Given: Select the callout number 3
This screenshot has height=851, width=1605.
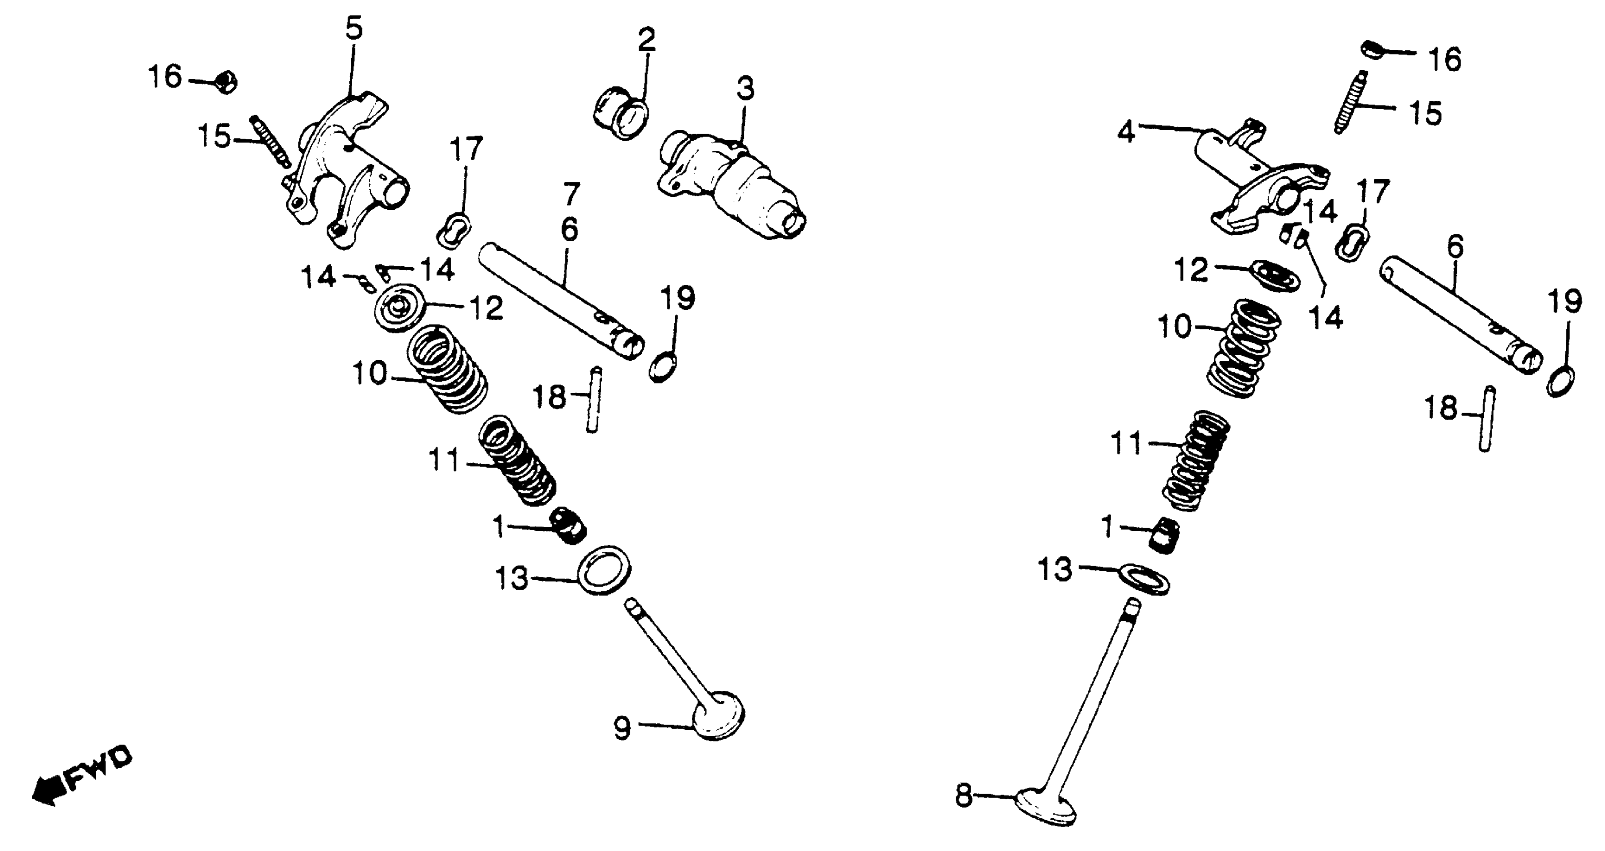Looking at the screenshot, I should pyautogui.click(x=745, y=89).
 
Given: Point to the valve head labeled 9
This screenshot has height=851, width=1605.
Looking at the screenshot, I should pyautogui.click(x=719, y=717).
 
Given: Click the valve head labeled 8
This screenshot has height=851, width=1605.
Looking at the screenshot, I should pyautogui.click(x=1047, y=808).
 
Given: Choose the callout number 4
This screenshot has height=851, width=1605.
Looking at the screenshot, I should pyautogui.click(x=1126, y=132).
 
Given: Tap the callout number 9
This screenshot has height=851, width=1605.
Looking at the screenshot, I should pyautogui.click(x=622, y=727).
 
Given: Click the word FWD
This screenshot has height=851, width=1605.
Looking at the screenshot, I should pyautogui.click(x=100, y=770).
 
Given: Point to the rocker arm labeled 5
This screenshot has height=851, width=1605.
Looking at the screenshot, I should pyautogui.click(x=349, y=168).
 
